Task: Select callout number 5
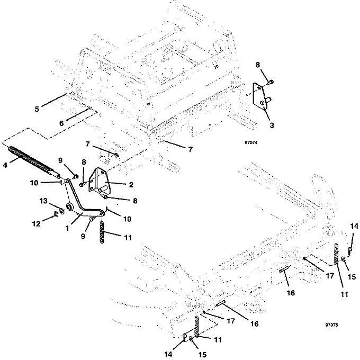(37, 110)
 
